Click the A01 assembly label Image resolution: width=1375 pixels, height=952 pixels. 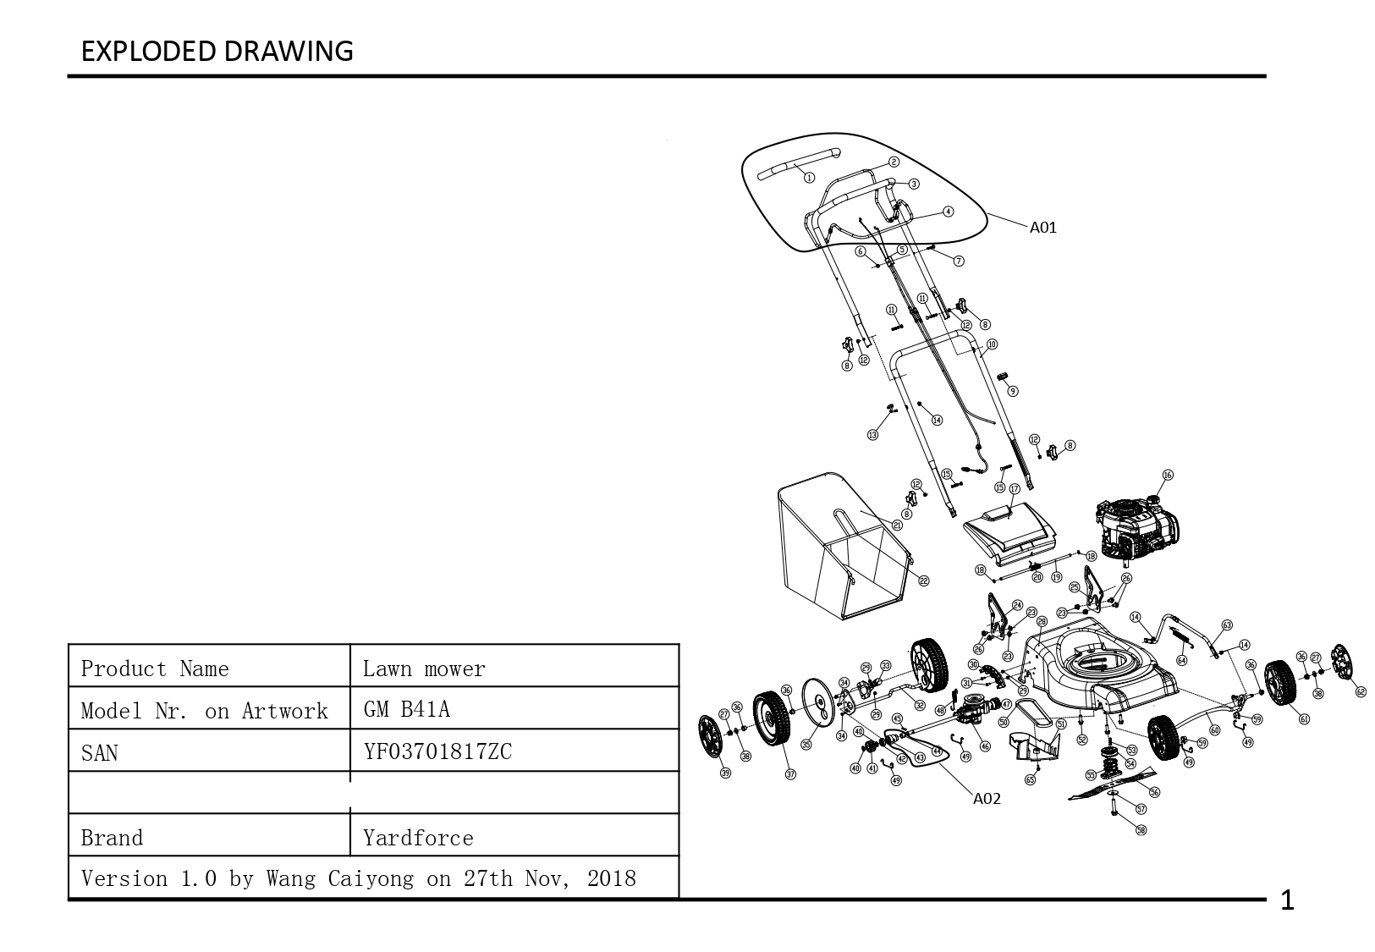tap(1042, 227)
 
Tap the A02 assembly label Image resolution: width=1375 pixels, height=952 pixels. tap(987, 798)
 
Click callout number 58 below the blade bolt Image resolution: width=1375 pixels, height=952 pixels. tap(1141, 830)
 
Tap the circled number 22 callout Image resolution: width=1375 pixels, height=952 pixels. tap(924, 581)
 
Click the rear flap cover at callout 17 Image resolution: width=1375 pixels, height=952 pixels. tap(1011, 529)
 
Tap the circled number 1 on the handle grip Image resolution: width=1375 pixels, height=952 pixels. tap(809, 178)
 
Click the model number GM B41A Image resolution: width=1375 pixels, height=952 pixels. tap(406, 709)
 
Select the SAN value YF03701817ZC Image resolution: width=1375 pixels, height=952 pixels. tap(437, 751)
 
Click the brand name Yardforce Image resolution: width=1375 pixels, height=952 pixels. tap(418, 838)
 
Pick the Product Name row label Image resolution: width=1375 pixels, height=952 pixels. tap(155, 669)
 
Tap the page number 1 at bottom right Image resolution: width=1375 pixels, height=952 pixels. tap(1287, 901)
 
